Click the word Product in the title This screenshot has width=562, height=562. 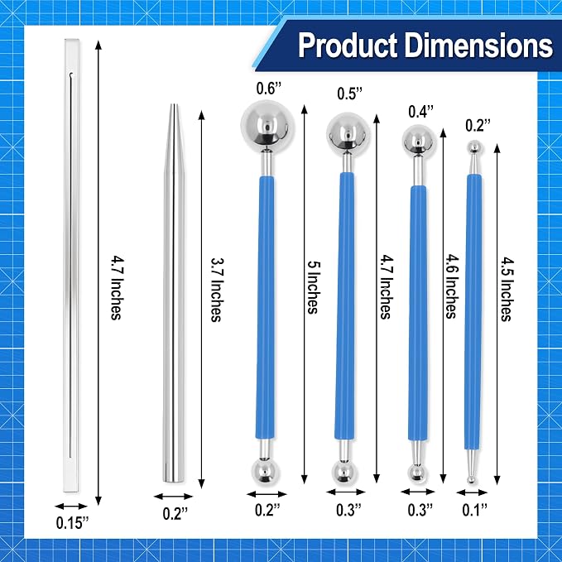(x=348, y=46)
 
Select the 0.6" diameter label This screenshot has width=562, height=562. (x=269, y=89)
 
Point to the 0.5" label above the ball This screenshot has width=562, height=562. (x=350, y=94)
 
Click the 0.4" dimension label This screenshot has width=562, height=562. (x=421, y=112)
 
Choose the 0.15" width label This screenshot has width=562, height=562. (x=72, y=523)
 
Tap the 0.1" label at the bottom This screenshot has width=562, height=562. (x=475, y=510)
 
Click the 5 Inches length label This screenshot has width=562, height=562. (x=313, y=288)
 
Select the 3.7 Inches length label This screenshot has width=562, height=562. (x=216, y=290)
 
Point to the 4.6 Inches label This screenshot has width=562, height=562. (x=450, y=286)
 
